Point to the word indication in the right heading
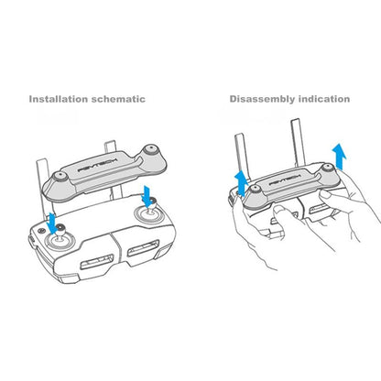point(326,98)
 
